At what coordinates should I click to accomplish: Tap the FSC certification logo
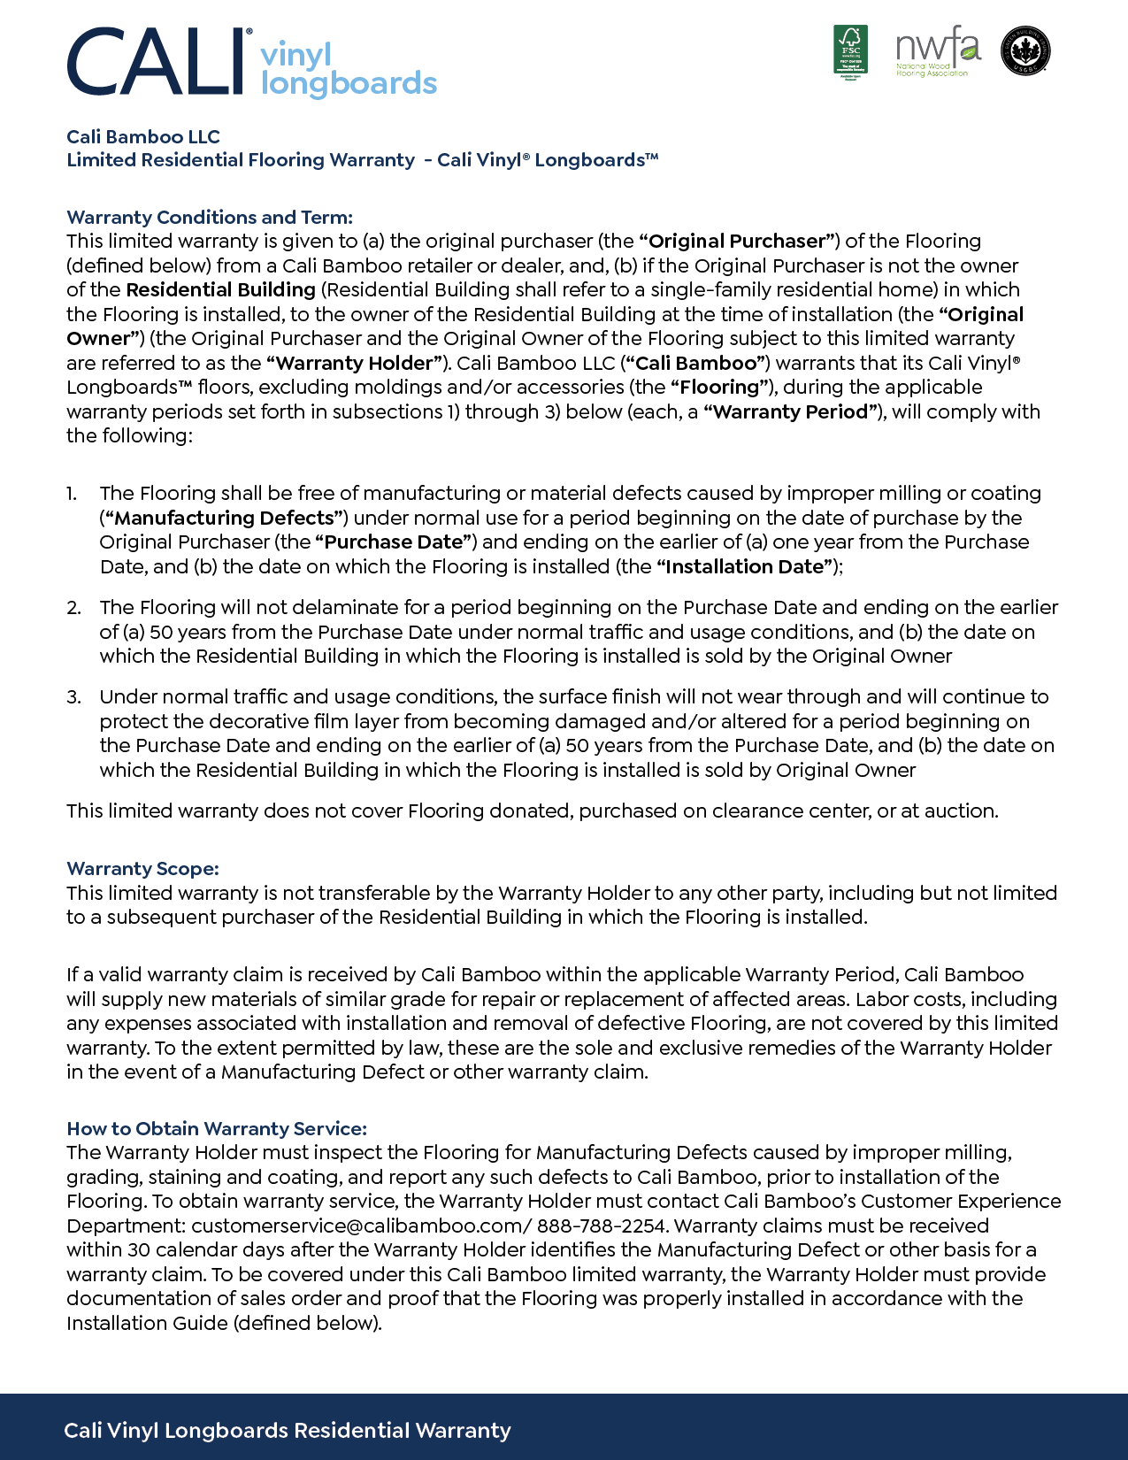[x=850, y=50]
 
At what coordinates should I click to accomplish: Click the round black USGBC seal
[x=1025, y=50]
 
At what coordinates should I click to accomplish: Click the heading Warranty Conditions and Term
[x=210, y=218]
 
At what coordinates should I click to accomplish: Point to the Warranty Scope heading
[x=142, y=869]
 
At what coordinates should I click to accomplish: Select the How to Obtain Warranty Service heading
[x=217, y=1129]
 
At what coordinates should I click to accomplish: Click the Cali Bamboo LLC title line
[x=143, y=137]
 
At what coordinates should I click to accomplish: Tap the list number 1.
[x=72, y=494]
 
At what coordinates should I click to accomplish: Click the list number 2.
[x=73, y=608]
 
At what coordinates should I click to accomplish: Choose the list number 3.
[x=73, y=697]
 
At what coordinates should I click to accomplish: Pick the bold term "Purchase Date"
[x=395, y=542]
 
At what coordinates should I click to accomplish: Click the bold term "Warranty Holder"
[x=354, y=364]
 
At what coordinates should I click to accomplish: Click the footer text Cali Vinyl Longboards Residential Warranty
[x=288, y=1431]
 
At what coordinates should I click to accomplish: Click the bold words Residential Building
[x=221, y=290]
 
